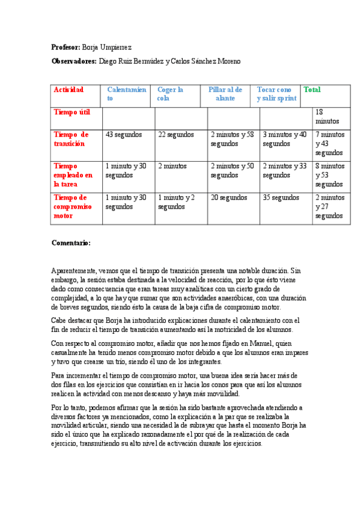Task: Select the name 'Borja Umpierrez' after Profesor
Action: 106,47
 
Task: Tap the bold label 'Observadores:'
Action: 74,61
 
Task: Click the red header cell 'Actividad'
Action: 69,90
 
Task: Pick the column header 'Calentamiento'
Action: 126,94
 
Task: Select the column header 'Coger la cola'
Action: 170,94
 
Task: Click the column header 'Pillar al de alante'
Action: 225,94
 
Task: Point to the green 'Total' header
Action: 312,90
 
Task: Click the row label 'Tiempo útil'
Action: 72,112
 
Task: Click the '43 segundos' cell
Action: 123,135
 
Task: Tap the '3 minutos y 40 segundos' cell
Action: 284,139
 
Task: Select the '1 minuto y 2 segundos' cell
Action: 176,201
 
